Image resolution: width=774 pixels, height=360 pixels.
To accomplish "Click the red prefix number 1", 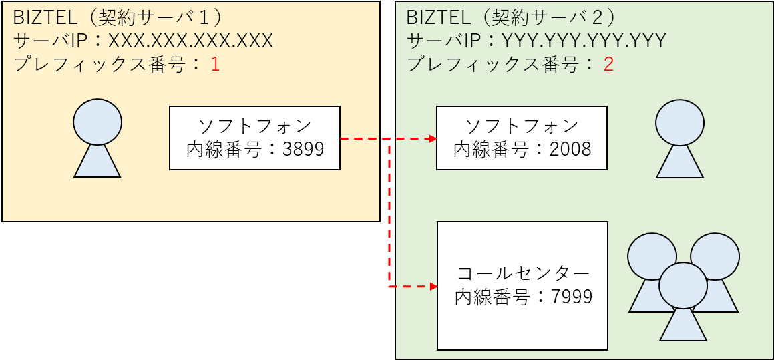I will (215, 65).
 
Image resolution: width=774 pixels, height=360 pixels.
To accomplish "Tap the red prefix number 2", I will (608, 65).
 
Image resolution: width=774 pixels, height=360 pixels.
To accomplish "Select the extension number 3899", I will (303, 149).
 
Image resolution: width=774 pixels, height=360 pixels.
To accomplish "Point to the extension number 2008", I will (570, 149).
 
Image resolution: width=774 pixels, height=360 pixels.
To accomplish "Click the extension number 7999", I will (571, 297).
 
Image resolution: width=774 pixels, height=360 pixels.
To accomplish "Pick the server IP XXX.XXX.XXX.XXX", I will (190, 41).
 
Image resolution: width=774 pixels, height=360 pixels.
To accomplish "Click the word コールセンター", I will (523, 273).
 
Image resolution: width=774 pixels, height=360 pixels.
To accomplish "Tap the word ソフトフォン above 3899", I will (255, 126).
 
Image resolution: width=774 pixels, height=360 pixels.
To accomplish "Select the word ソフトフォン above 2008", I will (522, 126).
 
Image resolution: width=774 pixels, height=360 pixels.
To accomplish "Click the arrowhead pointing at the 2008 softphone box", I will (433, 139).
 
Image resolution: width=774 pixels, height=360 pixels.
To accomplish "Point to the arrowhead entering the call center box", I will (433, 287).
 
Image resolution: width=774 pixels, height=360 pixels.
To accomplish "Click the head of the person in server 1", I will (98, 122).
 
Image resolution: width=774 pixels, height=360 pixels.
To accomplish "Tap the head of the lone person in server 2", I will (680, 122).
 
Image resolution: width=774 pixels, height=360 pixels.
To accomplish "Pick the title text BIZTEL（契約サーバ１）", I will (118, 17).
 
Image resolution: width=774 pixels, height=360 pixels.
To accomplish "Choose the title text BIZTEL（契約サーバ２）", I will (512, 17).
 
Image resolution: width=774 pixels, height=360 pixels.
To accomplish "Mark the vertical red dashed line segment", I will (389, 214).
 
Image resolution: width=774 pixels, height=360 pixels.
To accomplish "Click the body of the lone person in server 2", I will (680, 163).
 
